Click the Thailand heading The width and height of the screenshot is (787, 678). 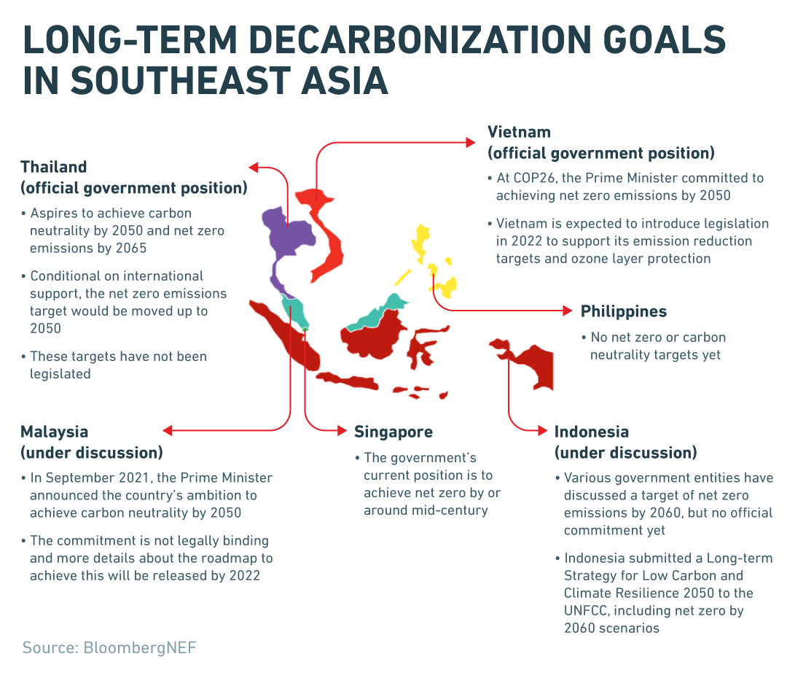(54, 167)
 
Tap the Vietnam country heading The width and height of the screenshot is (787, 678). (519, 132)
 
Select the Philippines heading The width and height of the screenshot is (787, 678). (623, 311)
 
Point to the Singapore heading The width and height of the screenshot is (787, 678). (393, 432)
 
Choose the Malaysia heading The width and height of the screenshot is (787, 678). (54, 432)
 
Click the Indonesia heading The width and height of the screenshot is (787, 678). (591, 432)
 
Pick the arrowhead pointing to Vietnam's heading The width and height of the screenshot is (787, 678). (470, 143)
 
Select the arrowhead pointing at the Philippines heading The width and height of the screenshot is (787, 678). (567, 311)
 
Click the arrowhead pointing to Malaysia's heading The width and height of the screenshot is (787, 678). (168, 430)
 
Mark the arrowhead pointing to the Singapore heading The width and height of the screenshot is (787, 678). (342, 430)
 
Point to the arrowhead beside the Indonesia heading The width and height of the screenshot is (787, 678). (542, 430)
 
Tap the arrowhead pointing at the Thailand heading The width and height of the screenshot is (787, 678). (254, 167)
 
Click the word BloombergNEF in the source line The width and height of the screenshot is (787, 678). (140, 648)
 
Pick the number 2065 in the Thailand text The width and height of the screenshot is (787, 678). (131, 249)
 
